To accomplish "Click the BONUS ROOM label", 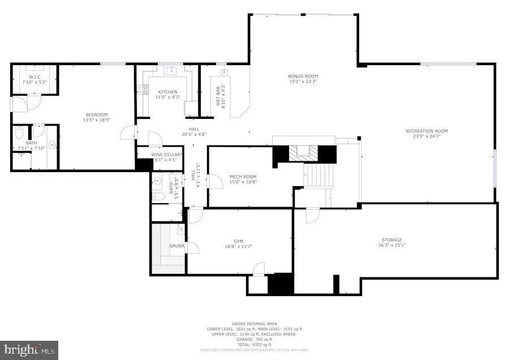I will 303,76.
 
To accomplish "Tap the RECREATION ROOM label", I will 426,131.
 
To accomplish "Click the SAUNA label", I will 177,246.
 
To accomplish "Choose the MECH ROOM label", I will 243,177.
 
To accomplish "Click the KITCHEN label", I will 167,92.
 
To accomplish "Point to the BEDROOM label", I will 96,115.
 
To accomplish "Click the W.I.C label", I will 35,78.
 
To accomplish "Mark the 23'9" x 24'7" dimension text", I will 426,136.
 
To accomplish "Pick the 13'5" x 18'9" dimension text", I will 96,120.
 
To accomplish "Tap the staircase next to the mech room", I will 320,175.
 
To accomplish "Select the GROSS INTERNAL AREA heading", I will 254,324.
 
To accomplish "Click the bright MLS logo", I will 29,350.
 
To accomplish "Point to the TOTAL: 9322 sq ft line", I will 254,345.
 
